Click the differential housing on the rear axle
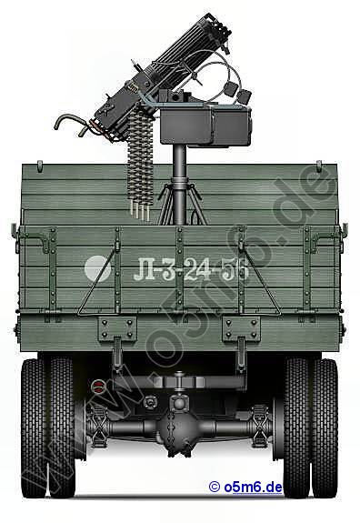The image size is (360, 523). [x=179, y=427]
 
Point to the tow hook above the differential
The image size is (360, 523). [x=179, y=382]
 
